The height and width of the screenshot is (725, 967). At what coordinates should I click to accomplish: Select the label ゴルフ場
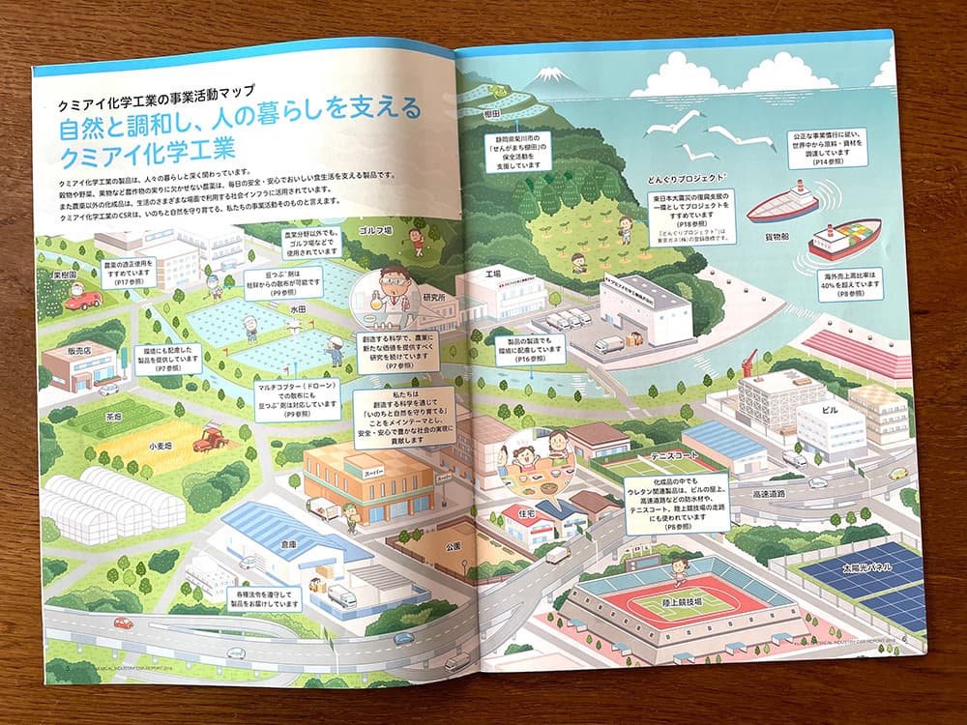[374, 231]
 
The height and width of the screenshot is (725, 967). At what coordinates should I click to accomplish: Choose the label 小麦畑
[161, 448]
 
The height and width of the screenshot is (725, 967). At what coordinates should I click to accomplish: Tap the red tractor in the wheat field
[209, 440]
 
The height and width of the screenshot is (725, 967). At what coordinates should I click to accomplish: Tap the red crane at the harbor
[747, 365]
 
